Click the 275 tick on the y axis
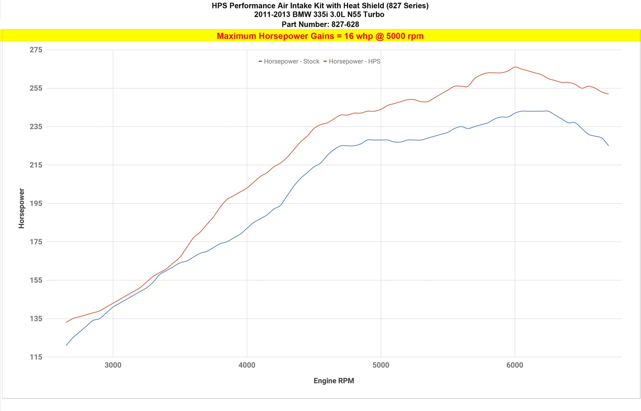[x=36, y=50]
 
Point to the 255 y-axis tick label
[x=36, y=88]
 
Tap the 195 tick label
[x=36, y=204]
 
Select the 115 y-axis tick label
[x=36, y=357]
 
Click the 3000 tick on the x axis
[x=113, y=365]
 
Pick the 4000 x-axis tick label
[x=247, y=365]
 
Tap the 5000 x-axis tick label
[x=381, y=365]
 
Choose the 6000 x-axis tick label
[x=515, y=365]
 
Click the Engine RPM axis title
[x=334, y=381]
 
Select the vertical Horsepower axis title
[x=21, y=208]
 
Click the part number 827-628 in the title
[x=345, y=25]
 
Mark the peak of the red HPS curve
[x=515, y=67]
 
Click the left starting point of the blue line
[x=66, y=345]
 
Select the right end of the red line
[x=608, y=94]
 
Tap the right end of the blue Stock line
[x=608, y=146]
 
